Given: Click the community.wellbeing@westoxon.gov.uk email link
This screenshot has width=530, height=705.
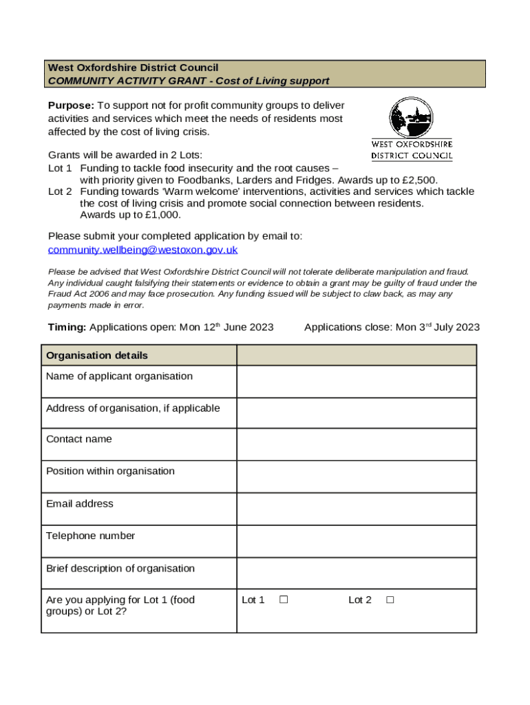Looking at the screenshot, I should click(x=142, y=250).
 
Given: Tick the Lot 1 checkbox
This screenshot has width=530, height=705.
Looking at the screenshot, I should click(x=283, y=600).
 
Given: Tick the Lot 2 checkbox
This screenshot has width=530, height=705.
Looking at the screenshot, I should click(x=390, y=600).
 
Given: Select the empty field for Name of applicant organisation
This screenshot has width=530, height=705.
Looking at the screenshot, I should click(x=356, y=381).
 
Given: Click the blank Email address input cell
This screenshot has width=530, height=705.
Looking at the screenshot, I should click(x=356, y=509).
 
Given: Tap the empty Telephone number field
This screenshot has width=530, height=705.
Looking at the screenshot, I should click(x=356, y=541).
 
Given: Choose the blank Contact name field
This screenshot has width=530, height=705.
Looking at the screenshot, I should click(x=356, y=444).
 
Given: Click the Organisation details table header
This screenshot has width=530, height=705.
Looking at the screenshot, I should click(x=97, y=355).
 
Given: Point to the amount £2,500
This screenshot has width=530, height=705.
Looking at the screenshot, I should click(x=419, y=180).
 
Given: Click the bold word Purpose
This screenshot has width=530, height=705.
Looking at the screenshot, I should click(x=70, y=105).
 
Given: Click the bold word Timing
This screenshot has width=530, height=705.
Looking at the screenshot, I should click(x=67, y=327).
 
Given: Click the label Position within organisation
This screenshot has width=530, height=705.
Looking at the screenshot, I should click(x=110, y=471).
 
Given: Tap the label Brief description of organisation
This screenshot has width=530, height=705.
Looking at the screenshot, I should click(x=120, y=568).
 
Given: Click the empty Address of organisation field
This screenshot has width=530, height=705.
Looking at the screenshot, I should click(x=356, y=413).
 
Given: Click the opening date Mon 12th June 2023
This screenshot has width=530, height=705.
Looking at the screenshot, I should click(x=226, y=327).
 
